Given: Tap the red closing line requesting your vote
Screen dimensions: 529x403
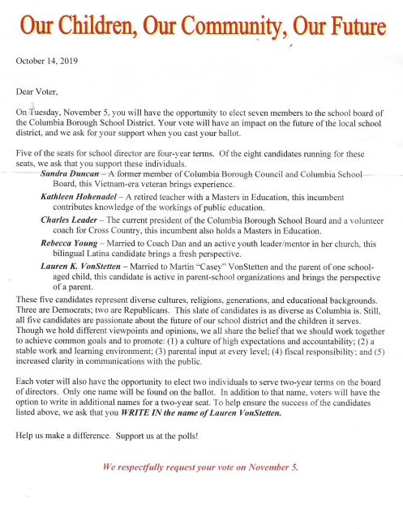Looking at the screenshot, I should pyautogui.click(x=200, y=467).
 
